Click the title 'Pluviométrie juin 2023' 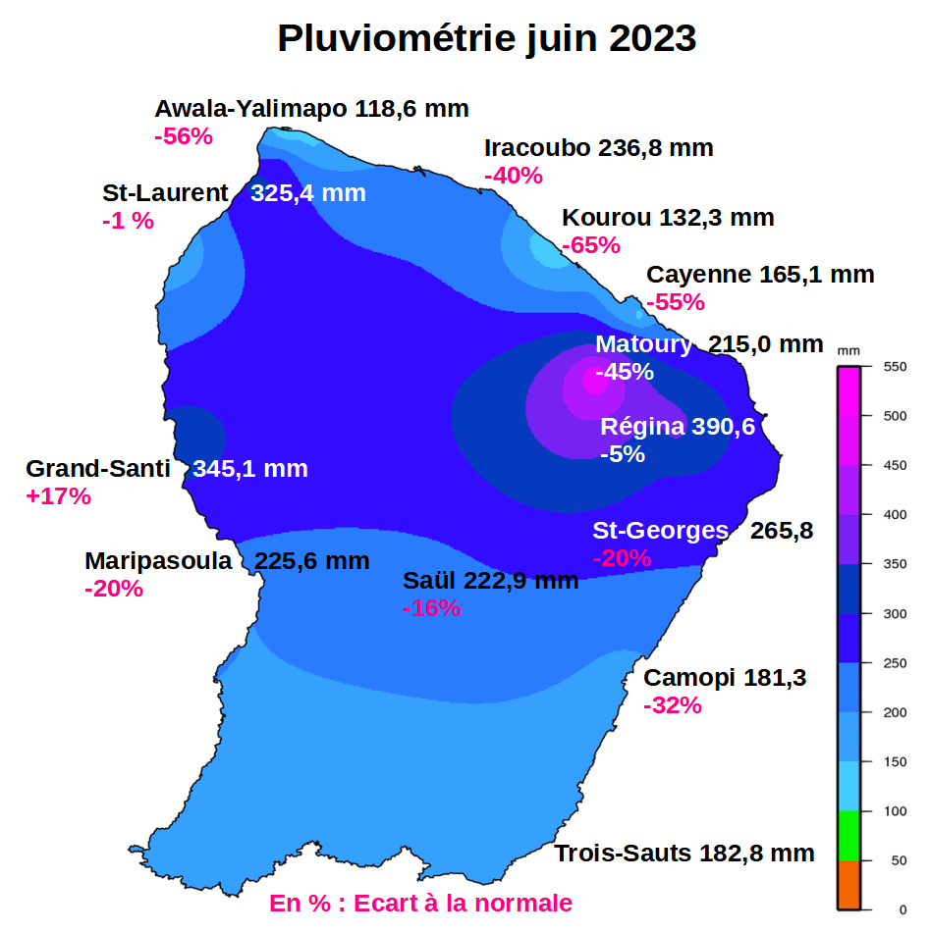[x=486, y=39]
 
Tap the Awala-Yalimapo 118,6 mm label [x=311, y=109]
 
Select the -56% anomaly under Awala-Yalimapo [x=184, y=136]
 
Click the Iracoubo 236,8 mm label [x=599, y=148]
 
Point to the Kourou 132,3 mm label [x=668, y=218]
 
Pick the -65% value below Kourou [x=591, y=245]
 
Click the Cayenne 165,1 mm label [x=759, y=275]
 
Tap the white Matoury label [x=643, y=344]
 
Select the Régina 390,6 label [x=678, y=427]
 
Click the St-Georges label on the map [x=660, y=531]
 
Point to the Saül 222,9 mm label [x=490, y=581]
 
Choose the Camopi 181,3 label [x=725, y=678]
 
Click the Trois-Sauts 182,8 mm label [x=684, y=854]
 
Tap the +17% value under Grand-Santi [x=59, y=496]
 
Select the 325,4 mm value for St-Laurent [x=308, y=193]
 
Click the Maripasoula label [x=158, y=561]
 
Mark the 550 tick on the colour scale [x=895, y=367]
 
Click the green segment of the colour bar [x=848, y=836]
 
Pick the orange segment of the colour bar [x=848, y=885]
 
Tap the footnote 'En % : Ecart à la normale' [x=420, y=903]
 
